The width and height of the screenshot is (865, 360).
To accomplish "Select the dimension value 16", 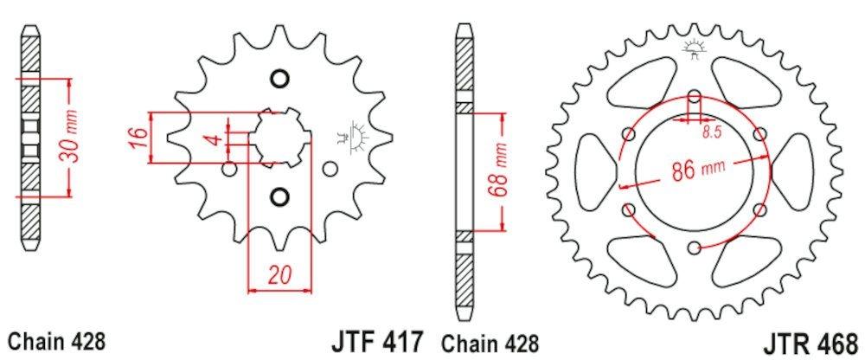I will tap(137, 137).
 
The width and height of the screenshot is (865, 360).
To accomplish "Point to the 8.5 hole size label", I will tap(711, 132).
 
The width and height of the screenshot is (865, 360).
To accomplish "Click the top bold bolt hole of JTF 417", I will tap(279, 80).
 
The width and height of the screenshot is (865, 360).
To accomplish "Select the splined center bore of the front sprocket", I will tap(279, 138).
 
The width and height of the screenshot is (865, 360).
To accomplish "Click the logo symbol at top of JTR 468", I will tap(695, 49).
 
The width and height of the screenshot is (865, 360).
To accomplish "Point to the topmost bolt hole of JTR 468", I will tap(695, 95).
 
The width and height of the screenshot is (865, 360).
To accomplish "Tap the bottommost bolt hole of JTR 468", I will tap(695, 248).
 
